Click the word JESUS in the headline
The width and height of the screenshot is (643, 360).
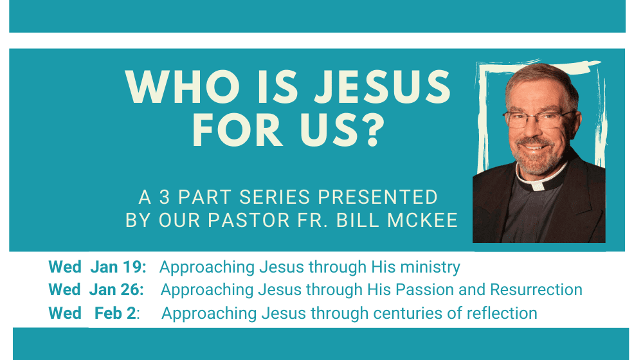click(x=383, y=87)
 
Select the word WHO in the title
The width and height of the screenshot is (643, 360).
click(x=183, y=87)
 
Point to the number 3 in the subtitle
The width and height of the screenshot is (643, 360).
click(x=165, y=197)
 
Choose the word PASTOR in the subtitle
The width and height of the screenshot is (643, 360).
click(x=249, y=221)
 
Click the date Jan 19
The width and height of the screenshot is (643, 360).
click(x=118, y=267)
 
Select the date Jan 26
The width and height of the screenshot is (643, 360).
click(x=117, y=289)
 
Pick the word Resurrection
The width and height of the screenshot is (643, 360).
click(x=536, y=289)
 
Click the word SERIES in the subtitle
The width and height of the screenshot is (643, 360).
click(x=275, y=197)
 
